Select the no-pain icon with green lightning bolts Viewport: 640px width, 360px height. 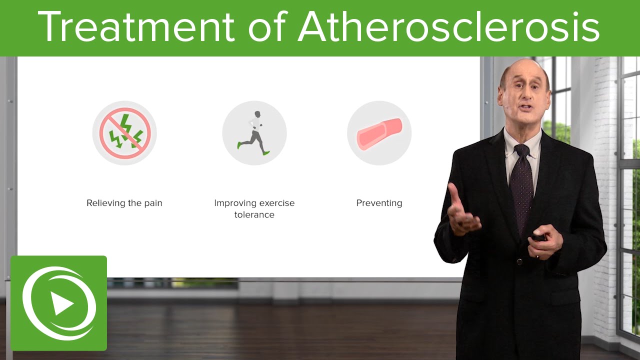click(x=124, y=133)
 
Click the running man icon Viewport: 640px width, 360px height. click(x=254, y=133)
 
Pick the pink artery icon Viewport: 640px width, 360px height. click(x=379, y=133)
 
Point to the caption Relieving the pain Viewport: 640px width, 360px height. click(x=124, y=203)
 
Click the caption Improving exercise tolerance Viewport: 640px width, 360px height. click(x=254, y=209)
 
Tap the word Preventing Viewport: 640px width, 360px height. click(x=379, y=203)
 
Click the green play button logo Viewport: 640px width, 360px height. click(x=58, y=303)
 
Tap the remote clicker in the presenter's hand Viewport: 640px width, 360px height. click(x=539, y=236)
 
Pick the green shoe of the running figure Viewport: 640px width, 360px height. click(x=266, y=152)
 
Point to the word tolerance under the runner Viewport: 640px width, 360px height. click(x=254, y=215)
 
